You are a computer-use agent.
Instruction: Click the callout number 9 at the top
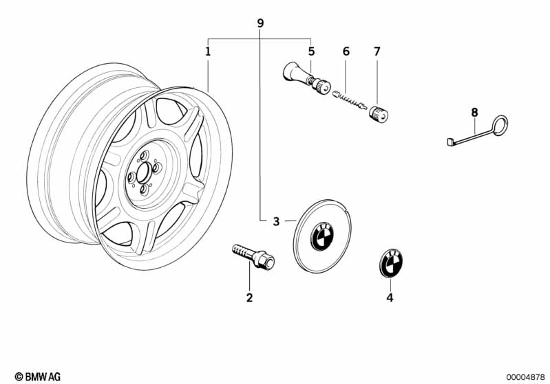260,23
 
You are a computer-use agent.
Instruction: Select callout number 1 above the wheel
208,52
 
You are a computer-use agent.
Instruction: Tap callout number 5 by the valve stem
311,52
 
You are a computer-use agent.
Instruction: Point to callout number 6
346,52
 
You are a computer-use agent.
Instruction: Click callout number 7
377,52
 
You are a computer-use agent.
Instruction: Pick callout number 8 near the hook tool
474,113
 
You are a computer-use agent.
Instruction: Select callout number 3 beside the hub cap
277,221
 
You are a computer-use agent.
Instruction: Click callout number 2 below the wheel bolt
249,297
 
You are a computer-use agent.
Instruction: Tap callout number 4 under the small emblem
390,297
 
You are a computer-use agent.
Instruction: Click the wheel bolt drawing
253,257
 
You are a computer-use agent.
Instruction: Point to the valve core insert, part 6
350,100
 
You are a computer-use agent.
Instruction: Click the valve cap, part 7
379,114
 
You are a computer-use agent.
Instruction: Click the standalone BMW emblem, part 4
391,262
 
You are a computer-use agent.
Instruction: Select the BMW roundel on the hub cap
321,236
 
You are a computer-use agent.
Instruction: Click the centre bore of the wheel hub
143,173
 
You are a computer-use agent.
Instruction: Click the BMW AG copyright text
38,376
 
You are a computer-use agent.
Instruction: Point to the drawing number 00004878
525,377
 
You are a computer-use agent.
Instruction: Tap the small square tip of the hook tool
451,142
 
